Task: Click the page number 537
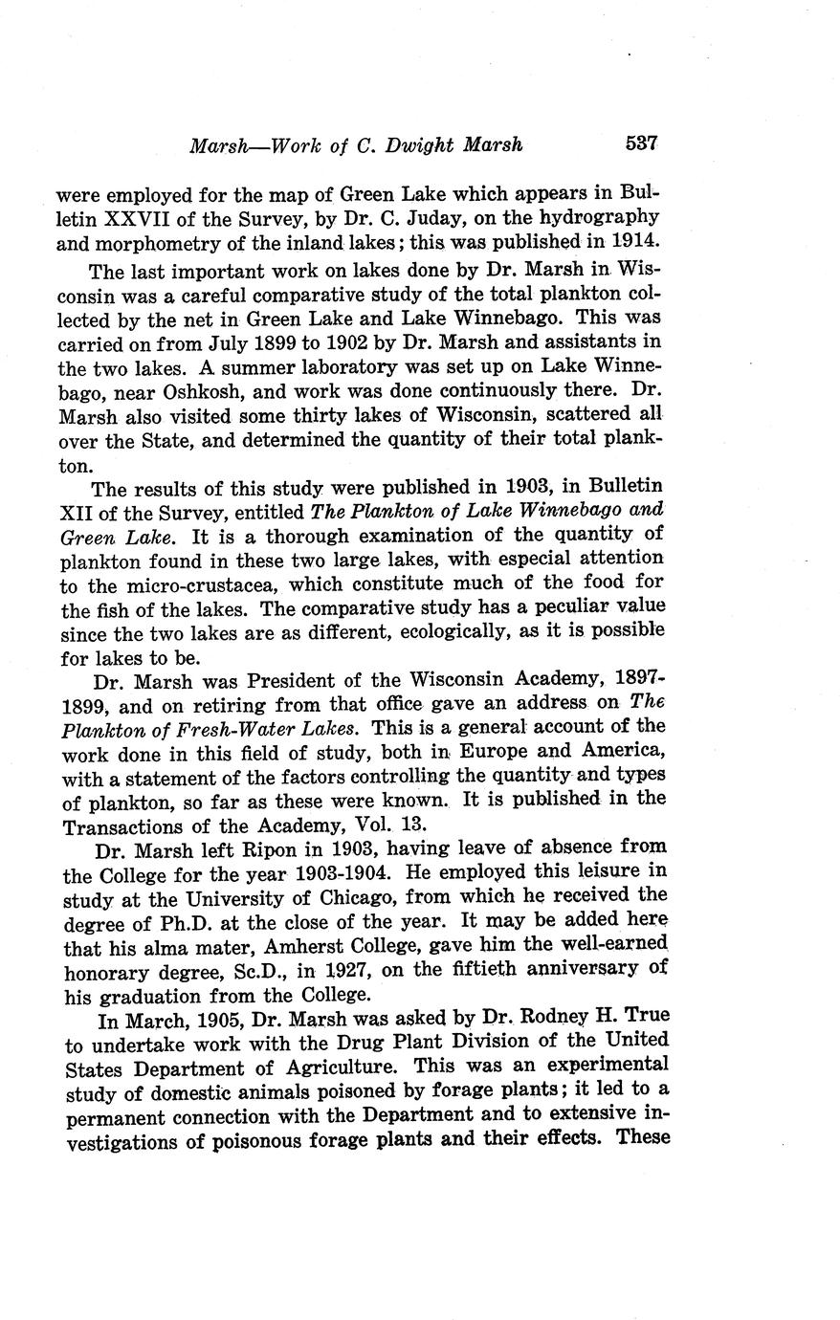641,144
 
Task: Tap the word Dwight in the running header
421,146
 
